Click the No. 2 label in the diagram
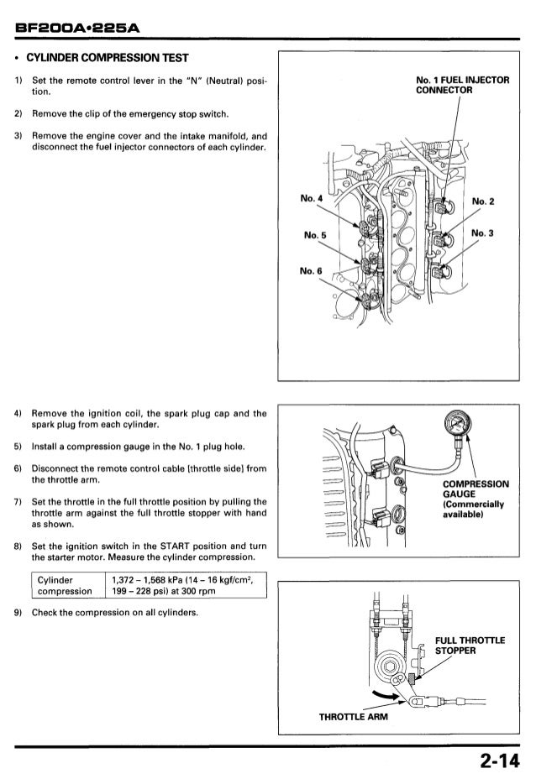point(485,201)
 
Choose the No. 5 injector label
point(315,236)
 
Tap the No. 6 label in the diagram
point(312,271)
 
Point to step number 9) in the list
point(18,612)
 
